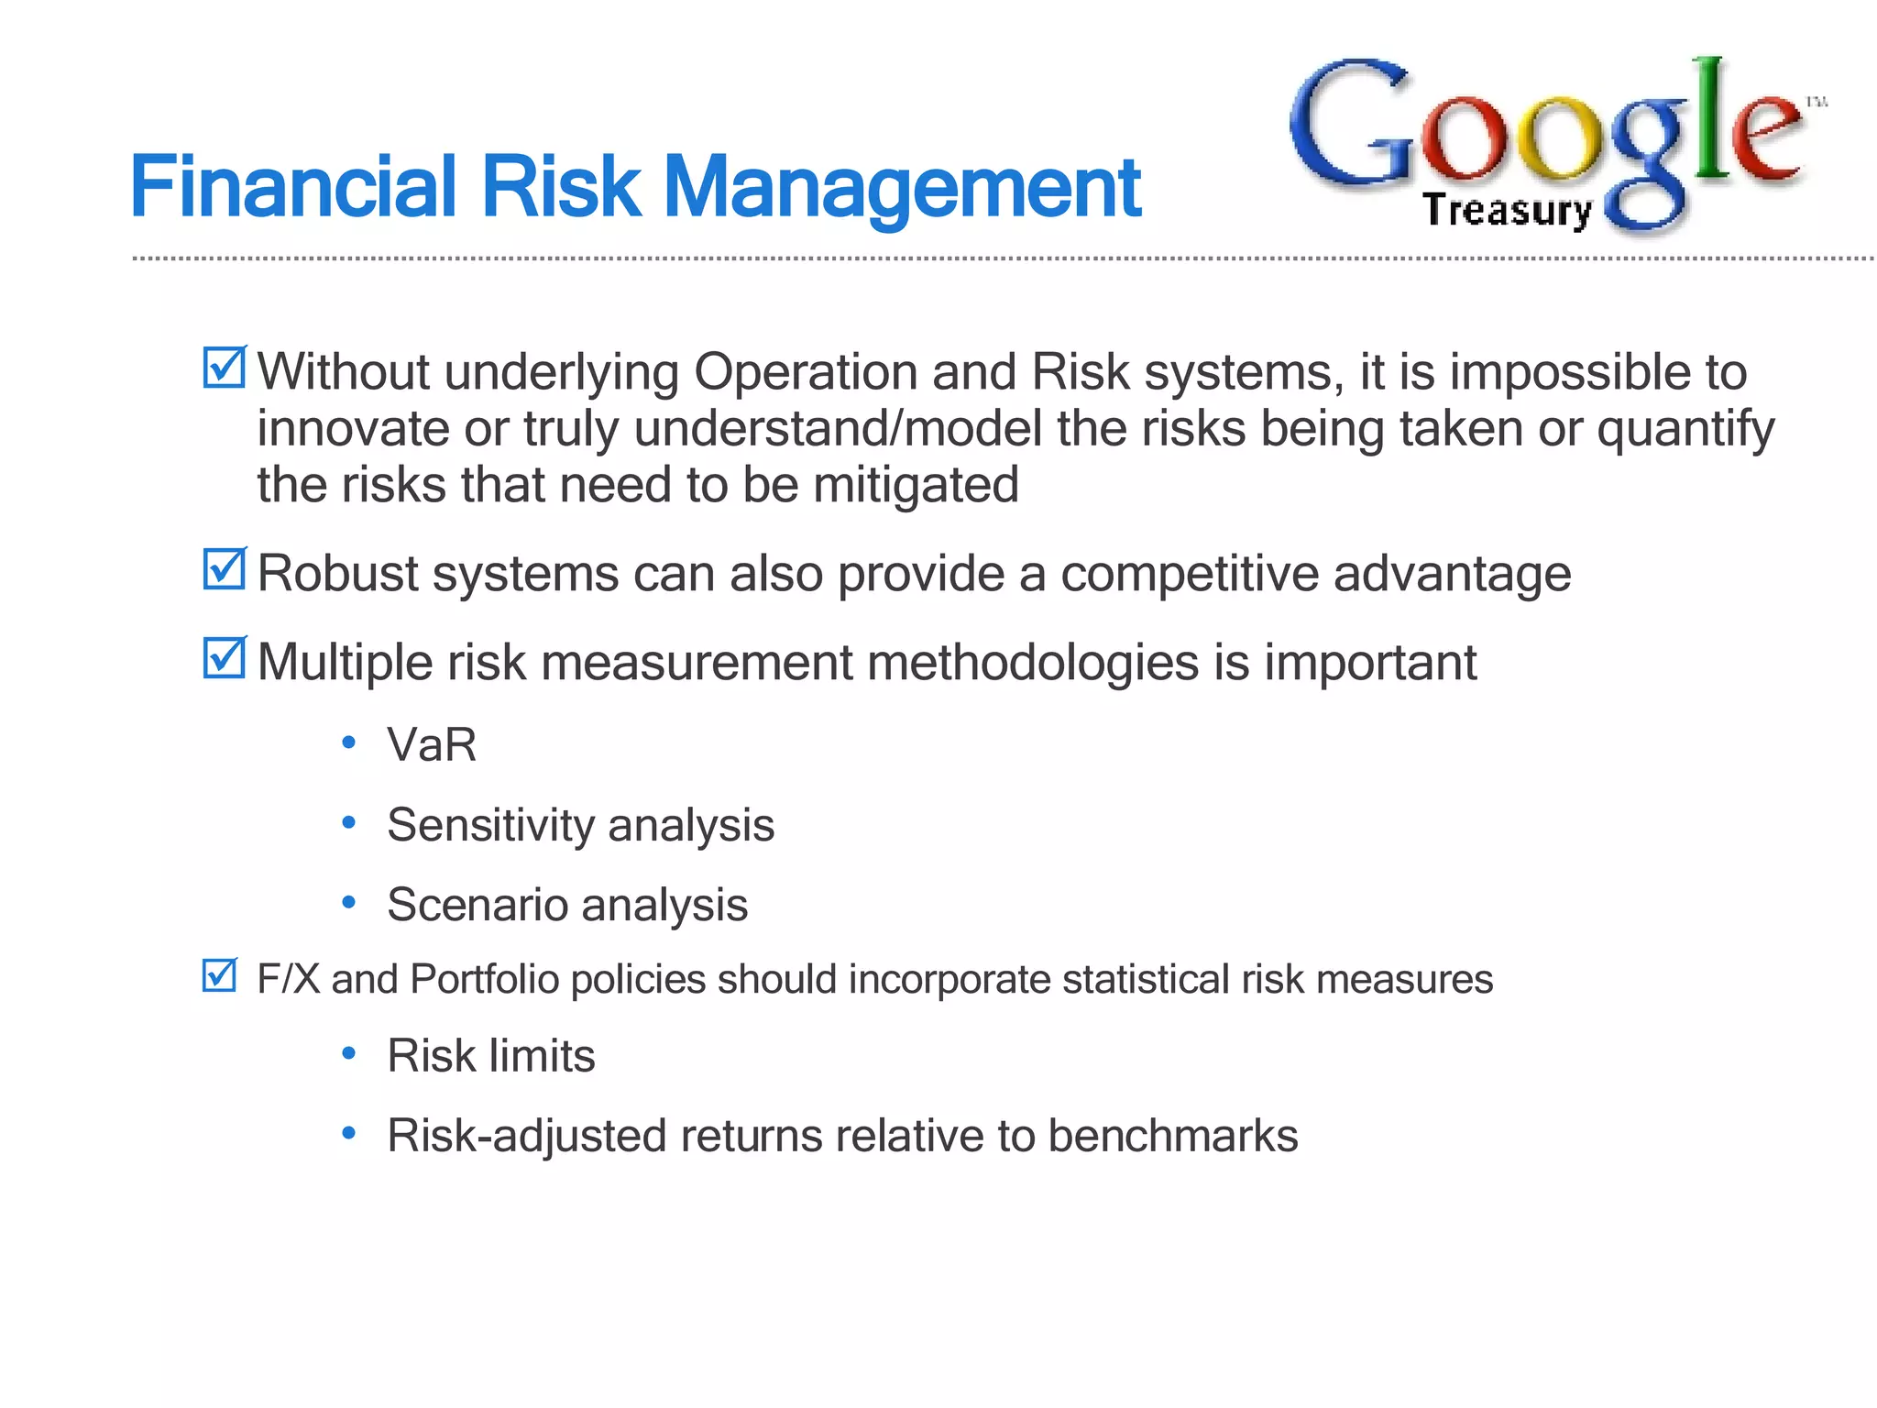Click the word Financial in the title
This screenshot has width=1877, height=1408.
pos(293,188)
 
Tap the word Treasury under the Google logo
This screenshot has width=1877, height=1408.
pos(1508,211)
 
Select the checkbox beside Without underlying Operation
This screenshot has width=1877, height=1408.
pos(224,368)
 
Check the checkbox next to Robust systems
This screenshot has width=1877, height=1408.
pos(224,570)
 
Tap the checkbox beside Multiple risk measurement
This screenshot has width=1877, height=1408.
pos(224,658)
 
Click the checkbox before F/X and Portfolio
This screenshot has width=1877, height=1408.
pos(220,976)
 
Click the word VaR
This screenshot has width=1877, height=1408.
pos(432,744)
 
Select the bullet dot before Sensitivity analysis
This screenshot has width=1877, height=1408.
pos(348,823)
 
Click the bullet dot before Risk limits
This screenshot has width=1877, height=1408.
pos(348,1054)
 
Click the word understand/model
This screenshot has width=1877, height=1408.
pos(838,429)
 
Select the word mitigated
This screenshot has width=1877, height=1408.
pos(916,485)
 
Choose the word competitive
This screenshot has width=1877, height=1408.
pos(1190,574)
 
